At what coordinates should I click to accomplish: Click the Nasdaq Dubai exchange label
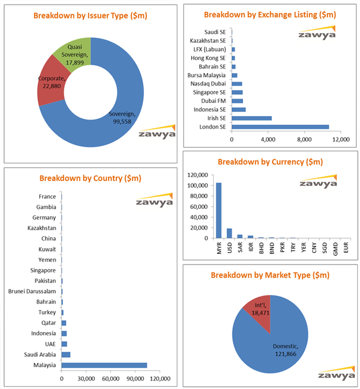(x=210, y=83)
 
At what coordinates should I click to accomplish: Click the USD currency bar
(x=229, y=233)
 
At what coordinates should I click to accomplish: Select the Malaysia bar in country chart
(x=104, y=365)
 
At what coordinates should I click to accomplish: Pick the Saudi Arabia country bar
(x=66, y=354)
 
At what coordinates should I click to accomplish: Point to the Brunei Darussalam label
(x=32, y=291)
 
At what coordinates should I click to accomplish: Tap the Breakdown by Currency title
(x=270, y=162)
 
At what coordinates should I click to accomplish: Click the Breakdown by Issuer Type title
(x=90, y=16)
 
